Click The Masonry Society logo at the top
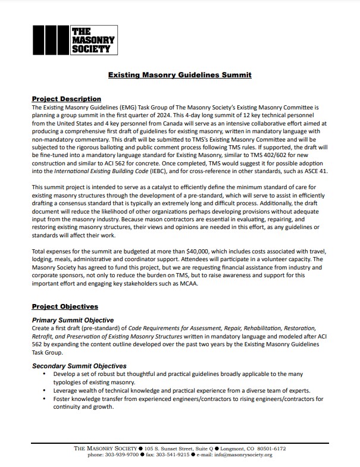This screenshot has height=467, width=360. pos(73,40)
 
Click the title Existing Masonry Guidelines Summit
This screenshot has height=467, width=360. pos(180,76)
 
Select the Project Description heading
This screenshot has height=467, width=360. pos(66,99)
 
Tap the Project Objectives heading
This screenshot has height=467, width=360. pos(65,307)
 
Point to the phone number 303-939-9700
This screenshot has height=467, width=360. pos(122,455)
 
